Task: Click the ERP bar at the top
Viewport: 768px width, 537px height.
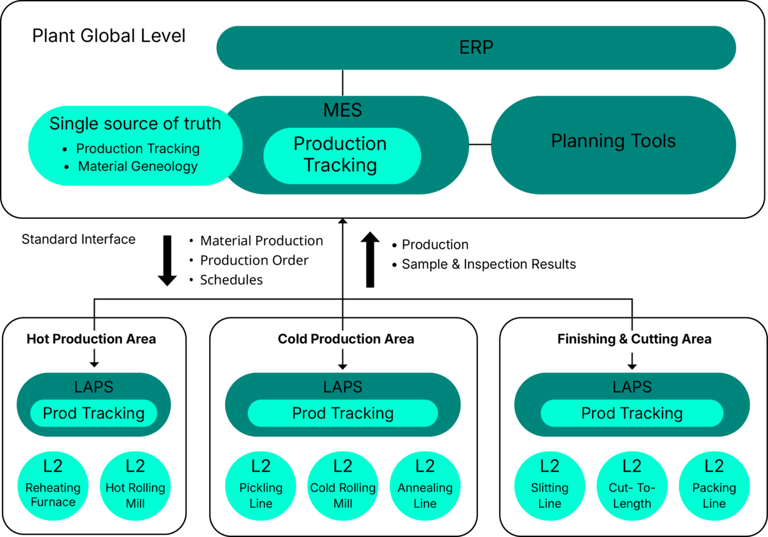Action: point(476,48)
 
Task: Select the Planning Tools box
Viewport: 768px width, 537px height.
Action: point(613,141)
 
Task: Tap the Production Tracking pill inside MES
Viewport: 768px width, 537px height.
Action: point(341,155)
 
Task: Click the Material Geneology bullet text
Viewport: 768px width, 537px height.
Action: point(137,167)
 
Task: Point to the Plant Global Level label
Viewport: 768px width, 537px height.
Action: point(109,36)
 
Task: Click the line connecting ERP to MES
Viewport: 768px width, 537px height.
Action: point(343,83)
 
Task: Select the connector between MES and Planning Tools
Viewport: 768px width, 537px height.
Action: point(480,144)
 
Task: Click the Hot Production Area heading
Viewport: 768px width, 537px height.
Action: point(91,339)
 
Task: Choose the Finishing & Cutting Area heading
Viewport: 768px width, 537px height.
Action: point(634,339)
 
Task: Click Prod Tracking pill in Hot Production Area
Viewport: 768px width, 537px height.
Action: point(93,414)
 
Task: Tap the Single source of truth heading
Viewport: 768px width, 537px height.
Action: point(135,123)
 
